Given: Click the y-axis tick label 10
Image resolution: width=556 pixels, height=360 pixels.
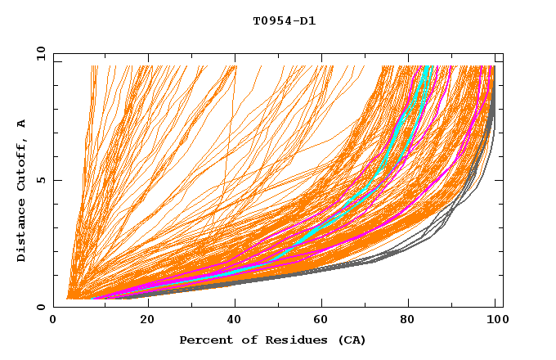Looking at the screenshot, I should tap(40, 53).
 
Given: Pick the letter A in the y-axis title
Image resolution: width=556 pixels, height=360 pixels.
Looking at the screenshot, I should tap(21, 124).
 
